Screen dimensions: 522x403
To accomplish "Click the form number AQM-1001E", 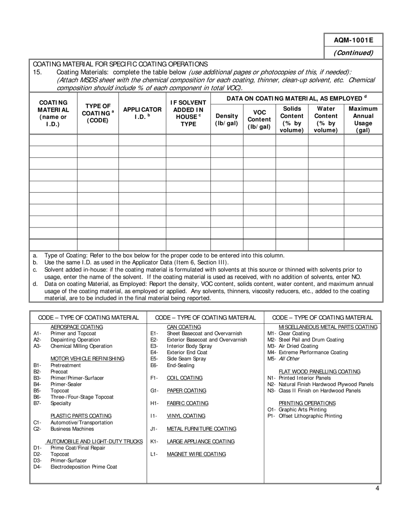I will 353,40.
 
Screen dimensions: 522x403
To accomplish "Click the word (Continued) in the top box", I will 353,53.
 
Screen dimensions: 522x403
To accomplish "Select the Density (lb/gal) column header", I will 227,120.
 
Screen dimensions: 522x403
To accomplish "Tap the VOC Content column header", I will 259,120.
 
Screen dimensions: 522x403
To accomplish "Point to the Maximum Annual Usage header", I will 363,120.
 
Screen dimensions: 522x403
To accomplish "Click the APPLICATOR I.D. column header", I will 142,113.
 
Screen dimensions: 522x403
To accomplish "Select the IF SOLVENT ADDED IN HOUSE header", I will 188,113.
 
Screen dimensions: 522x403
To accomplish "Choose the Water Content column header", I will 326,120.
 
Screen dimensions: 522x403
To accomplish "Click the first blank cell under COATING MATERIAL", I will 53,140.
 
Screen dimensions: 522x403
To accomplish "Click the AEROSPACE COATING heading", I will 77,327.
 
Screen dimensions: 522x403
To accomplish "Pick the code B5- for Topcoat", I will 37,390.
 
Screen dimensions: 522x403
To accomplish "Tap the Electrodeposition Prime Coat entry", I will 84,467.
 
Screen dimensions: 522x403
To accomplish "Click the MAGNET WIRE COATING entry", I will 196,454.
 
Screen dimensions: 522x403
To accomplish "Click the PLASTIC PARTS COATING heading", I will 81,416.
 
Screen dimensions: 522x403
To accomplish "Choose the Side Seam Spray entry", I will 186,359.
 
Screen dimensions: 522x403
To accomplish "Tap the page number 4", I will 377,488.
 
